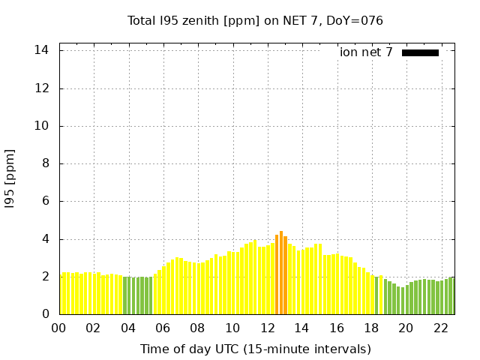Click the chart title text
255,21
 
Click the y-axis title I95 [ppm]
10,179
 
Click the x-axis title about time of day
255,349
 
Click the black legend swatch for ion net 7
420,52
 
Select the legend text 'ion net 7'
366,52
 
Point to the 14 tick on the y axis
42,50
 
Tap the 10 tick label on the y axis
42,126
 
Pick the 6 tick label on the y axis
46,201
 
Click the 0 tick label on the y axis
46,314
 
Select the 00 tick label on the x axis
59,328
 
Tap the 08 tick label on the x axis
198,328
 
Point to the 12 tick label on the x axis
267,328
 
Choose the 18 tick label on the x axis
371,328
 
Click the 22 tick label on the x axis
440,328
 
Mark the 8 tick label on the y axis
46,163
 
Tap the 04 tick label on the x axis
128,328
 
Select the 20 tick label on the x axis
406,328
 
